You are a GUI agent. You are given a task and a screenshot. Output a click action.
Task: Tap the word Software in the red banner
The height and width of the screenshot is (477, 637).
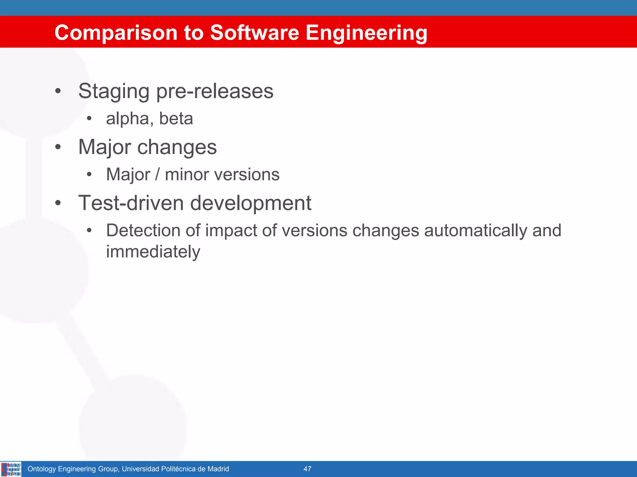pos(254,33)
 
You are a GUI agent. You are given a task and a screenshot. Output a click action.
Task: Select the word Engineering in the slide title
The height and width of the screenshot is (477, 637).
pos(366,33)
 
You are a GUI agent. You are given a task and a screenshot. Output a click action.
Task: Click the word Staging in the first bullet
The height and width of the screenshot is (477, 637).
pos(114,91)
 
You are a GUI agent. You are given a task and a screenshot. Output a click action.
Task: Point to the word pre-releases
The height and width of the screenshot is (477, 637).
pos(215,91)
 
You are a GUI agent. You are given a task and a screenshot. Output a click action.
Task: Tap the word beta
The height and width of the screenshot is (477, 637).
pos(176,119)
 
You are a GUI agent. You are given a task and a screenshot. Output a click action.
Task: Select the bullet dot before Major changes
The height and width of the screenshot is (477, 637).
pos(58,147)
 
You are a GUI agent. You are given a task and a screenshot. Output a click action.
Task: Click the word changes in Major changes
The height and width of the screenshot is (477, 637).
pos(177,147)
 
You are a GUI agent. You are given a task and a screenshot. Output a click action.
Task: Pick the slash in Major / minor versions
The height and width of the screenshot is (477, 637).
pos(157,174)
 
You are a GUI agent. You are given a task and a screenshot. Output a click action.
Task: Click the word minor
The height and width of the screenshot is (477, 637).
pos(187,174)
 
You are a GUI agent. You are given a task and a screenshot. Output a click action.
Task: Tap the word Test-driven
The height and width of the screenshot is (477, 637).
pos(131,203)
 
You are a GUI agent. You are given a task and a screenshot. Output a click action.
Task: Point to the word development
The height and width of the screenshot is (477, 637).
pos(251,203)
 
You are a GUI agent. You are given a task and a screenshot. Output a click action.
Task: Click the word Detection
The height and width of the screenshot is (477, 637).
pos(143,230)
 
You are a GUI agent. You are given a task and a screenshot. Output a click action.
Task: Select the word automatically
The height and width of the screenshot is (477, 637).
pos(476,230)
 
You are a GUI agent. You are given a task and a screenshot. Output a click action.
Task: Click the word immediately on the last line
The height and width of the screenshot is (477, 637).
pos(153,252)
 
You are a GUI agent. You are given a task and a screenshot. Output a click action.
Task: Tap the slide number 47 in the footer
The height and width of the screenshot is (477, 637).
pos(307,469)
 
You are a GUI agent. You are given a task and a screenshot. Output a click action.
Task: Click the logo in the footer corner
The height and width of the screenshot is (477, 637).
pos(11,469)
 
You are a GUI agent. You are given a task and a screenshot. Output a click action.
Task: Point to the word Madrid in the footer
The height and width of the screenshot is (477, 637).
pos(218,469)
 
